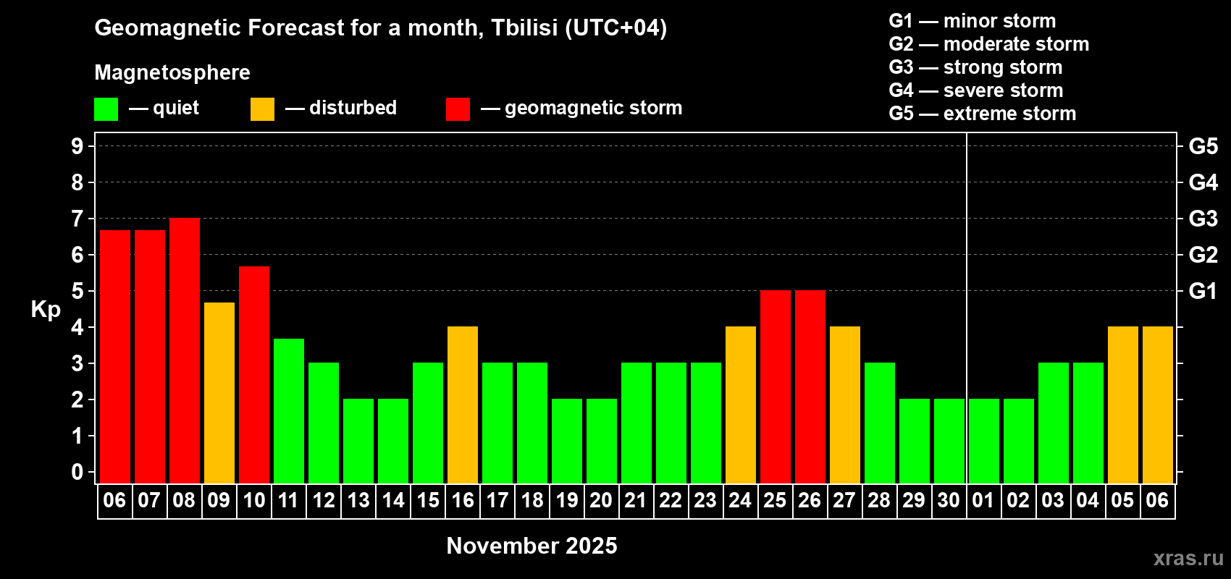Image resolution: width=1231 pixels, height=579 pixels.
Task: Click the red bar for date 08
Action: tap(184, 350)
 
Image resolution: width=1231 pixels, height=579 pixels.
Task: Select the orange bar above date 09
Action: tap(219, 393)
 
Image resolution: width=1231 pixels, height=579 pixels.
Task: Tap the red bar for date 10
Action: tap(254, 375)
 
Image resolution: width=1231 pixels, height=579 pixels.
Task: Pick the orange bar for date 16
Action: tap(463, 405)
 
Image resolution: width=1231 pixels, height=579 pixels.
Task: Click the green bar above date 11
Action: tap(288, 411)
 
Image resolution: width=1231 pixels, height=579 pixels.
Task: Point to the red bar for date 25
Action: tap(776, 386)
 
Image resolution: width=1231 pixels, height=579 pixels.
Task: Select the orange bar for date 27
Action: tap(845, 405)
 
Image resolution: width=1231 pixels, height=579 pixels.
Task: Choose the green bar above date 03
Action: tap(1054, 423)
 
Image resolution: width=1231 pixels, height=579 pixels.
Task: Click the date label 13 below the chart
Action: tap(358, 500)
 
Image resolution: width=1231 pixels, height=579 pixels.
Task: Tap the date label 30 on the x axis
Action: tap(949, 500)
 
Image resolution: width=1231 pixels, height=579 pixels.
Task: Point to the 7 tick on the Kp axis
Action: tap(77, 219)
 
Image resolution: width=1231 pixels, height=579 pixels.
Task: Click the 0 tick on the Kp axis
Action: tap(77, 472)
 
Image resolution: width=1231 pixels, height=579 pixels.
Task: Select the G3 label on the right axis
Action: tap(1203, 219)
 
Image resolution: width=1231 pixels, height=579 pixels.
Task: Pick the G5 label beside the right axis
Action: tap(1203, 146)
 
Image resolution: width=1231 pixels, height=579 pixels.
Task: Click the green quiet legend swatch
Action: tap(106, 109)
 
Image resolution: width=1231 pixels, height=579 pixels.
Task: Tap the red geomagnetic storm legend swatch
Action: tap(458, 109)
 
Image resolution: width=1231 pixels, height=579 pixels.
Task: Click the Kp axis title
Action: tap(46, 310)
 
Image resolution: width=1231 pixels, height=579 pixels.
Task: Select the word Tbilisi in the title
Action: tap(524, 28)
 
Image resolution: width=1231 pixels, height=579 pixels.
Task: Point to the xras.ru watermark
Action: tap(1188, 558)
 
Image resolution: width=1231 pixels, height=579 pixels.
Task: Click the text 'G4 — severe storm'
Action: tap(976, 90)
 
